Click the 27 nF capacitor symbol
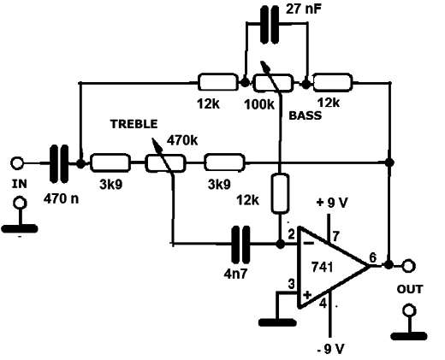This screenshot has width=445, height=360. pos(270,25)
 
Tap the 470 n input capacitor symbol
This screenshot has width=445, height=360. pos(59,163)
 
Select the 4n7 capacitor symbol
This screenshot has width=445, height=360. pos(240,245)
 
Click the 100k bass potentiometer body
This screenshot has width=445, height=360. pos(273,83)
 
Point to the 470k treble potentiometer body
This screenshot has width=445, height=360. pos(165,163)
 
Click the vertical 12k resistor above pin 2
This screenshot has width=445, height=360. pos(280,193)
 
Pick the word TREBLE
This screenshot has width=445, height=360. pos(134,124)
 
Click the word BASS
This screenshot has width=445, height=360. pos(306,115)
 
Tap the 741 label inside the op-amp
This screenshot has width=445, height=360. pos(322,267)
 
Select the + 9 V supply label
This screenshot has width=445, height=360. pos(332,203)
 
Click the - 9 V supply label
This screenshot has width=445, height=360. pos(331,349)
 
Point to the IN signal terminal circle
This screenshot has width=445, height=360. pos(17,163)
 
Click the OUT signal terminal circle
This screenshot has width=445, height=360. pos(408,266)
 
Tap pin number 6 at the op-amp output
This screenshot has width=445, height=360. pos(373,257)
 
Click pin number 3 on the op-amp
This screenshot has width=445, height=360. pos(291,284)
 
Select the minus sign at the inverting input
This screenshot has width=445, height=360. pos(308,243)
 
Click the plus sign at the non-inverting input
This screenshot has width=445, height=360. pos(307,295)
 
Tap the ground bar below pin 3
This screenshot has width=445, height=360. pos(277,322)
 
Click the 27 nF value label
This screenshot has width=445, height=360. pos(304,9)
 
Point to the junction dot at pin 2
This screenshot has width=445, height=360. pos(281,244)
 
